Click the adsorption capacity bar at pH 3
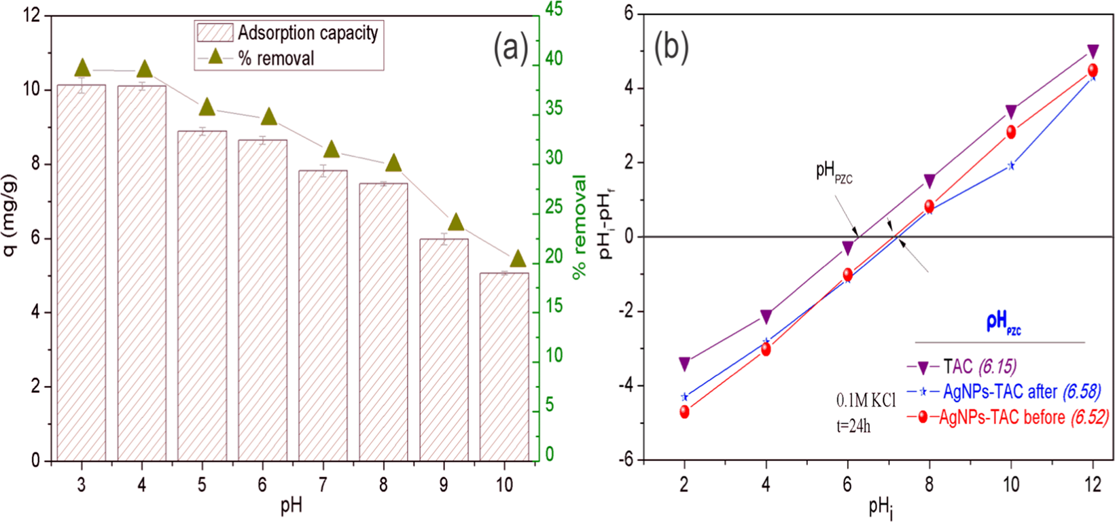82,272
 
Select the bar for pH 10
504,367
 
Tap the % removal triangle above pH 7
331,150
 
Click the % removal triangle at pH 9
456,222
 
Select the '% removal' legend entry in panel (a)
276,58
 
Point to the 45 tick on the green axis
554,10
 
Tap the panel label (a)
510,48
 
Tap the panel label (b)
671,46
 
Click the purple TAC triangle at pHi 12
1093,52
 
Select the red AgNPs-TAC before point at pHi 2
684,412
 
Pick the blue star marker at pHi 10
1011,165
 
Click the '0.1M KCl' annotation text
866,400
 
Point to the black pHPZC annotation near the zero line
834,172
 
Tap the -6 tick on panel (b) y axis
625,460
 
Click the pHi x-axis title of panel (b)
881,506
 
